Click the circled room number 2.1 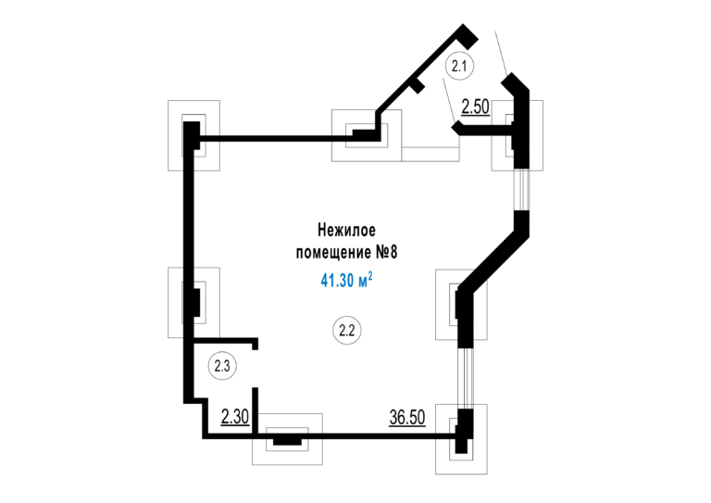pyautogui.click(x=460, y=66)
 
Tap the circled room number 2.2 pyautogui.click(x=347, y=330)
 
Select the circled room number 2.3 pyautogui.click(x=222, y=366)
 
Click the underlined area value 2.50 pyautogui.click(x=475, y=107)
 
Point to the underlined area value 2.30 pyautogui.click(x=235, y=417)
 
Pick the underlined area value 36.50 pyautogui.click(x=407, y=417)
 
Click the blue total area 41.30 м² pyautogui.click(x=347, y=280)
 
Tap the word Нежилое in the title pyautogui.click(x=346, y=230)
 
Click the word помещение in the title pyautogui.click(x=333, y=252)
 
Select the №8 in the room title pyautogui.click(x=387, y=252)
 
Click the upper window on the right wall pyautogui.click(x=523, y=190)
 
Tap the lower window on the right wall pyautogui.click(x=466, y=378)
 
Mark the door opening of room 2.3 pyautogui.click(x=256, y=369)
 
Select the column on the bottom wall pyautogui.click(x=287, y=439)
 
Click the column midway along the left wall pyautogui.click(x=193, y=303)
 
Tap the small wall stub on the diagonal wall pyautogui.click(x=418, y=85)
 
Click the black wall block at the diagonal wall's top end pyautogui.click(x=467, y=36)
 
